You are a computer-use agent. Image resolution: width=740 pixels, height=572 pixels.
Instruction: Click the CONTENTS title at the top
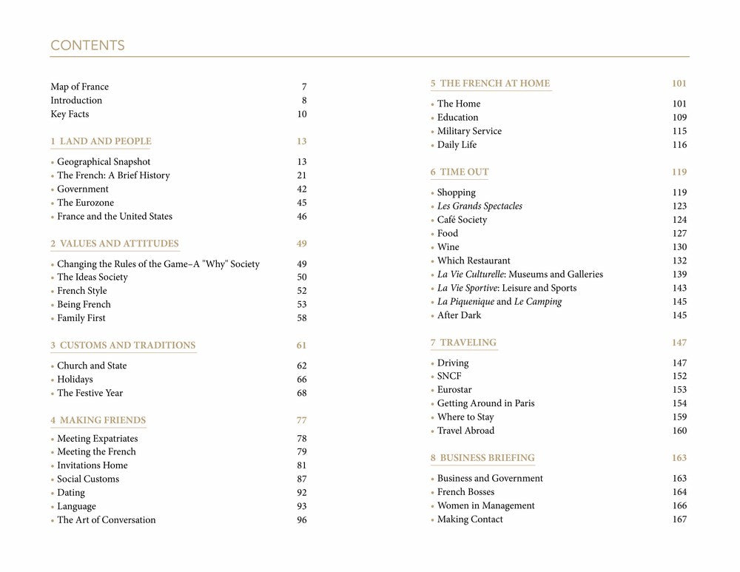[87, 46]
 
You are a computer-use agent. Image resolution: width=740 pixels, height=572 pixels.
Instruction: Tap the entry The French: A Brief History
[113, 175]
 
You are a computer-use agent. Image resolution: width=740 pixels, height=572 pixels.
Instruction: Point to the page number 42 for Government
[301, 189]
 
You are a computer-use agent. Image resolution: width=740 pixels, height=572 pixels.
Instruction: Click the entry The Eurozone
[85, 203]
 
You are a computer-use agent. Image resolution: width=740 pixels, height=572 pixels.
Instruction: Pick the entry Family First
[81, 318]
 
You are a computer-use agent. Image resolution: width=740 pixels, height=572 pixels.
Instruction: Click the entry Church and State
[92, 366]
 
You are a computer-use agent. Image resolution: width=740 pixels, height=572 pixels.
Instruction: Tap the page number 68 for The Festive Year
[301, 393]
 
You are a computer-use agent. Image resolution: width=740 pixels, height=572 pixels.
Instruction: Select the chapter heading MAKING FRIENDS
[98, 420]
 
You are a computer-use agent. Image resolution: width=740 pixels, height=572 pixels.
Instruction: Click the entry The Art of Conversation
[107, 520]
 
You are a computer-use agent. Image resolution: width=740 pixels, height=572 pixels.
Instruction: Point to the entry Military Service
[469, 131]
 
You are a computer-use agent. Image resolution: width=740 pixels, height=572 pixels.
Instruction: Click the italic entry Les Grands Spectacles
[480, 206]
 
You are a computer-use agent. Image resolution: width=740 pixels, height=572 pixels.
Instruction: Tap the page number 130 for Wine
[679, 247]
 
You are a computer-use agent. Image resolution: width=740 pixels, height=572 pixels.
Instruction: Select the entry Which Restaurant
[474, 260]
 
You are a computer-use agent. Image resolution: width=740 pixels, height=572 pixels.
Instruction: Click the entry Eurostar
[454, 390]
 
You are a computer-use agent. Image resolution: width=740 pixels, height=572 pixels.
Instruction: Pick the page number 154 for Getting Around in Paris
[679, 403]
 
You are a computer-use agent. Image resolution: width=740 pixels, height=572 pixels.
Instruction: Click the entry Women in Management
[485, 506]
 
